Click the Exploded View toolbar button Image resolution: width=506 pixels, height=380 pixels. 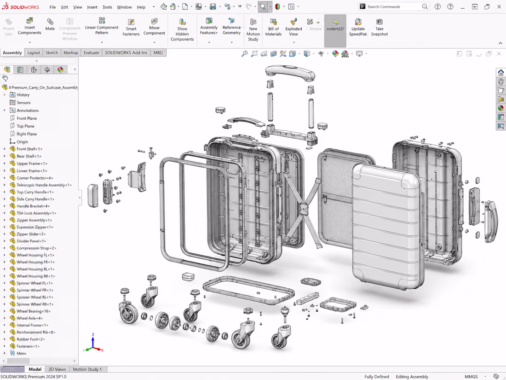click(x=293, y=28)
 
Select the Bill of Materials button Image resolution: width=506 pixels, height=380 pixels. click(x=273, y=28)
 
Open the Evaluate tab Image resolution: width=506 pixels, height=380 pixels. click(x=92, y=53)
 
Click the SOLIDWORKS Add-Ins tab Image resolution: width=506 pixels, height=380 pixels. click(x=126, y=53)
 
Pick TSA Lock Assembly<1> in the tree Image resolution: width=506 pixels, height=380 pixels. click(x=36, y=213)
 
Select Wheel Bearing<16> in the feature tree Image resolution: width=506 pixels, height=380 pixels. click(x=34, y=311)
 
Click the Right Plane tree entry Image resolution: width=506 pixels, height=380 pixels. click(x=27, y=134)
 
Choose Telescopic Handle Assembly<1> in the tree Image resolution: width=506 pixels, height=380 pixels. click(x=44, y=185)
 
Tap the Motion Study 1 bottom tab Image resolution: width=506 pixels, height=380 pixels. click(x=87, y=369)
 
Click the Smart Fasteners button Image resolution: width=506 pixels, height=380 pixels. click(x=131, y=28)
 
